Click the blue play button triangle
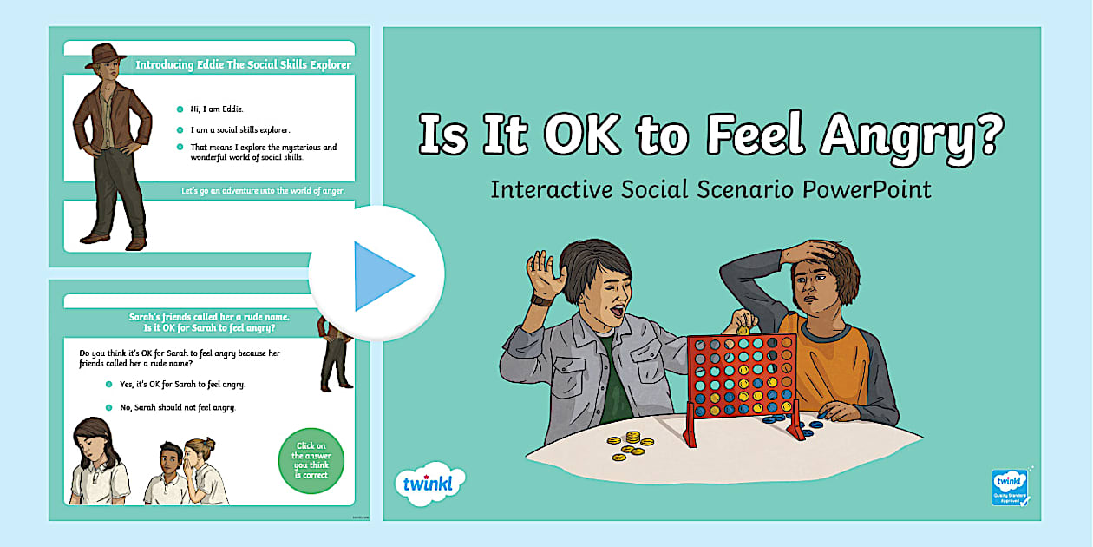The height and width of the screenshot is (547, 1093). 382,276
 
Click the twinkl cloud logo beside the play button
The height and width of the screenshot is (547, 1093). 429,482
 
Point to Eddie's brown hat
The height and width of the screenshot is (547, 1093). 106,54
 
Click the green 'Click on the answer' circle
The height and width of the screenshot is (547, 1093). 311,460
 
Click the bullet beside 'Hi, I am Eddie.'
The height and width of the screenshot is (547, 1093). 180,109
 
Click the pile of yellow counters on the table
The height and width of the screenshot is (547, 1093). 628,442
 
